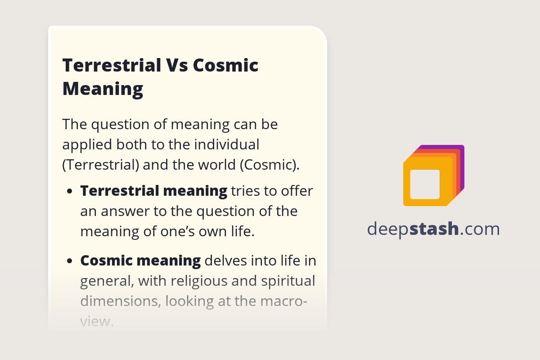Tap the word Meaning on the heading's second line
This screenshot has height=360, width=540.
coord(103,88)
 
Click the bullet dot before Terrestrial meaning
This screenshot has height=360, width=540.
coord(70,191)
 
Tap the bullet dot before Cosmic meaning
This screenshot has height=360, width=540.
coord(70,261)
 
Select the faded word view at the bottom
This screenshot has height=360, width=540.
coord(95,321)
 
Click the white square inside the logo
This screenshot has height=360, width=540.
coord(425,184)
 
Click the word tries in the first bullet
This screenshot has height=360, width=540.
coord(245,191)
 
